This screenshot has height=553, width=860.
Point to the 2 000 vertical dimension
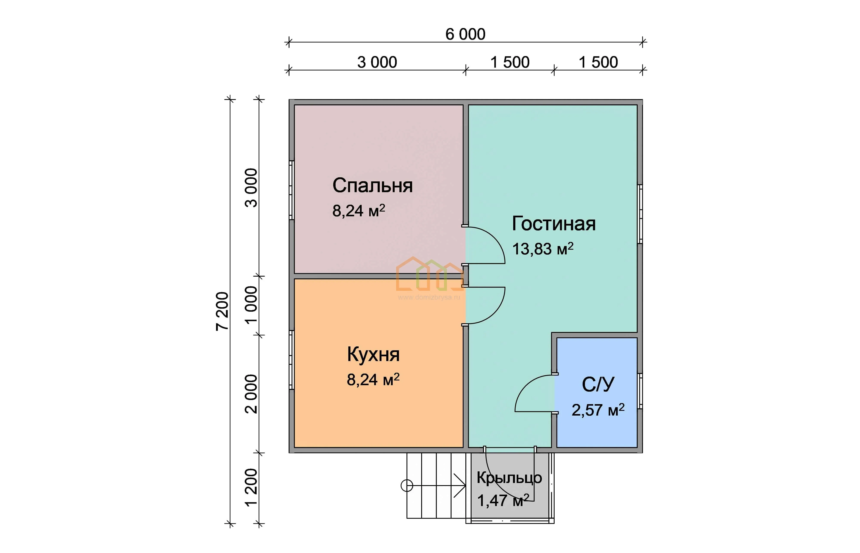pyautogui.click(x=252, y=394)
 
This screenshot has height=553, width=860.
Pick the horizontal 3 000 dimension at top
pyautogui.click(x=377, y=62)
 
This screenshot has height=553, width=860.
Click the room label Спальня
pyautogui.click(x=372, y=186)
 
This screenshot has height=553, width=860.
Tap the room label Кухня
pyautogui.click(x=373, y=354)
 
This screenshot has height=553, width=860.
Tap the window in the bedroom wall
pyautogui.click(x=292, y=190)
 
